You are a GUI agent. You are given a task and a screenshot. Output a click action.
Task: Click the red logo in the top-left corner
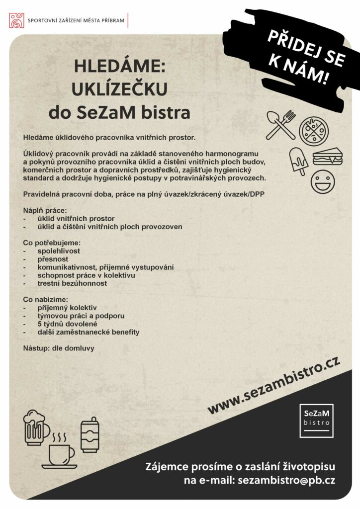point(17,20)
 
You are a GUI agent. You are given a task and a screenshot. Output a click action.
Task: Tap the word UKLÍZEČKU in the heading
point(119,89)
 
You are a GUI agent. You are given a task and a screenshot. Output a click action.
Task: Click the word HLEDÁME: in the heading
point(119,67)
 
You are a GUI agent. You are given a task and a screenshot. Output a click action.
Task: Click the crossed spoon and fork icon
point(281,124)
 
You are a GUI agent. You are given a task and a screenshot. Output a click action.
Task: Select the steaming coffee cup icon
point(60,451)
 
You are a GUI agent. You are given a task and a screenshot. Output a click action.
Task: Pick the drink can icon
point(90,435)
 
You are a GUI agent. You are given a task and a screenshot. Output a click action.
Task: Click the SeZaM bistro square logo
point(316,421)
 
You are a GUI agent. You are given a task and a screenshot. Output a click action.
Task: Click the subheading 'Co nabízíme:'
point(45,300)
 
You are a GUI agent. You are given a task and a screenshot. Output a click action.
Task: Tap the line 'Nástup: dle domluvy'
point(59,348)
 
